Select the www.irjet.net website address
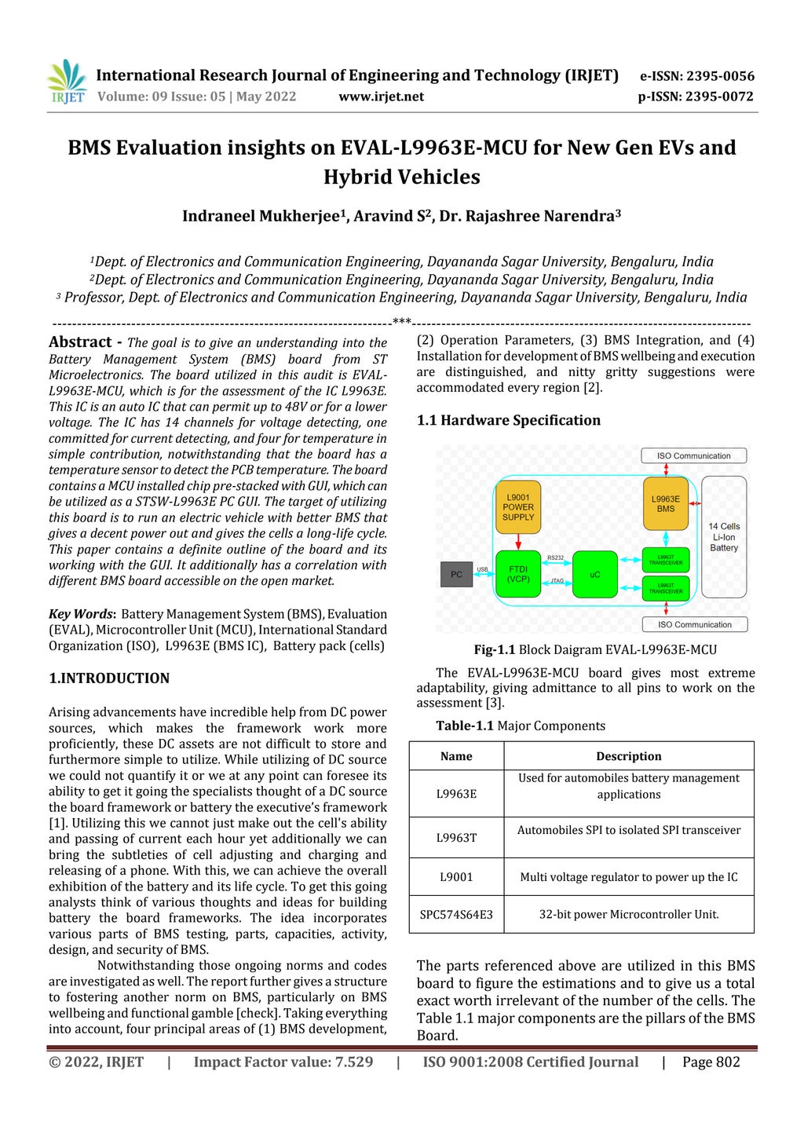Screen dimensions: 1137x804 coord(381,97)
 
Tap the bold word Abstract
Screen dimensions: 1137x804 coord(80,342)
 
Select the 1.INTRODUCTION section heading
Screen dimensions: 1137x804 coord(109,678)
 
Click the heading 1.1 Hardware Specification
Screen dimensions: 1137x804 coord(508,420)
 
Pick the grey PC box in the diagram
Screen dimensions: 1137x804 coord(456,574)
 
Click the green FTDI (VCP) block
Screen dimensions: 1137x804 coord(518,574)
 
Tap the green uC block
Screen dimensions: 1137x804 coord(594,574)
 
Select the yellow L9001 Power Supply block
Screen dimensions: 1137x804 coord(518,507)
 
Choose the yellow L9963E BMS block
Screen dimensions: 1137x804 coord(665,503)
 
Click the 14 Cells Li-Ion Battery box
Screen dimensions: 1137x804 coord(724,537)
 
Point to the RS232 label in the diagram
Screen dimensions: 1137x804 coord(555,558)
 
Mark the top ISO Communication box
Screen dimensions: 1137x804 coord(693,455)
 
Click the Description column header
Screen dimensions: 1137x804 coord(628,756)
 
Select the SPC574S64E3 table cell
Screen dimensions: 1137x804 coord(456,914)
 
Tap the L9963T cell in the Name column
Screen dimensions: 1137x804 coord(456,838)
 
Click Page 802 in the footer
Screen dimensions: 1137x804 coord(711,1062)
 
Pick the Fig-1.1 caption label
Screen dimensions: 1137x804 coord(495,649)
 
